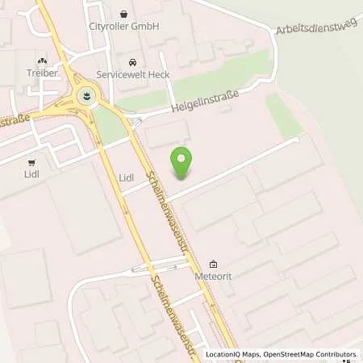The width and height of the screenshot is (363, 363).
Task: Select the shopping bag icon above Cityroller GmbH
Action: click(x=123, y=14)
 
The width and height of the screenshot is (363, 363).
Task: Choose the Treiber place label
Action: click(x=41, y=73)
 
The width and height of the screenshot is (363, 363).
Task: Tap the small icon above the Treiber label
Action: click(x=41, y=60)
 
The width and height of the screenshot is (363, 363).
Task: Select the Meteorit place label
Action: click(x=213, y=276)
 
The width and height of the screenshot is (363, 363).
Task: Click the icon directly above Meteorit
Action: click(x=213, y=264)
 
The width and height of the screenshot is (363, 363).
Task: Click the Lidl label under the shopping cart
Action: click(x=31, y=173)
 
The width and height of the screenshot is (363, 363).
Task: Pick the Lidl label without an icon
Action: click(x=126, y=177)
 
